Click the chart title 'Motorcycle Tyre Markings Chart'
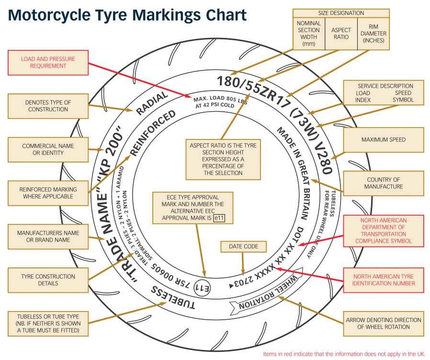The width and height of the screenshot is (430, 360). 127,16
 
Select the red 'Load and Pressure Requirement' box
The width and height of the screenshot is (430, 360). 48,63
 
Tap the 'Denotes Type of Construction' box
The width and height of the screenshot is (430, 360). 48,106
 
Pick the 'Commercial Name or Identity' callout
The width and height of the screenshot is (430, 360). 48,150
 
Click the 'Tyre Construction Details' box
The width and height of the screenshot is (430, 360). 48,280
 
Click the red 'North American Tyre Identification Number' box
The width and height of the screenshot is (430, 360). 384,280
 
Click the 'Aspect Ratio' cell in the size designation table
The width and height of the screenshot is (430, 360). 341,34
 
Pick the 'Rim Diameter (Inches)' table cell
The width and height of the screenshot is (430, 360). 373,34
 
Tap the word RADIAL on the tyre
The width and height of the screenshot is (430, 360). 152,103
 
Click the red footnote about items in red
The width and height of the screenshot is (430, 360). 344,354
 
